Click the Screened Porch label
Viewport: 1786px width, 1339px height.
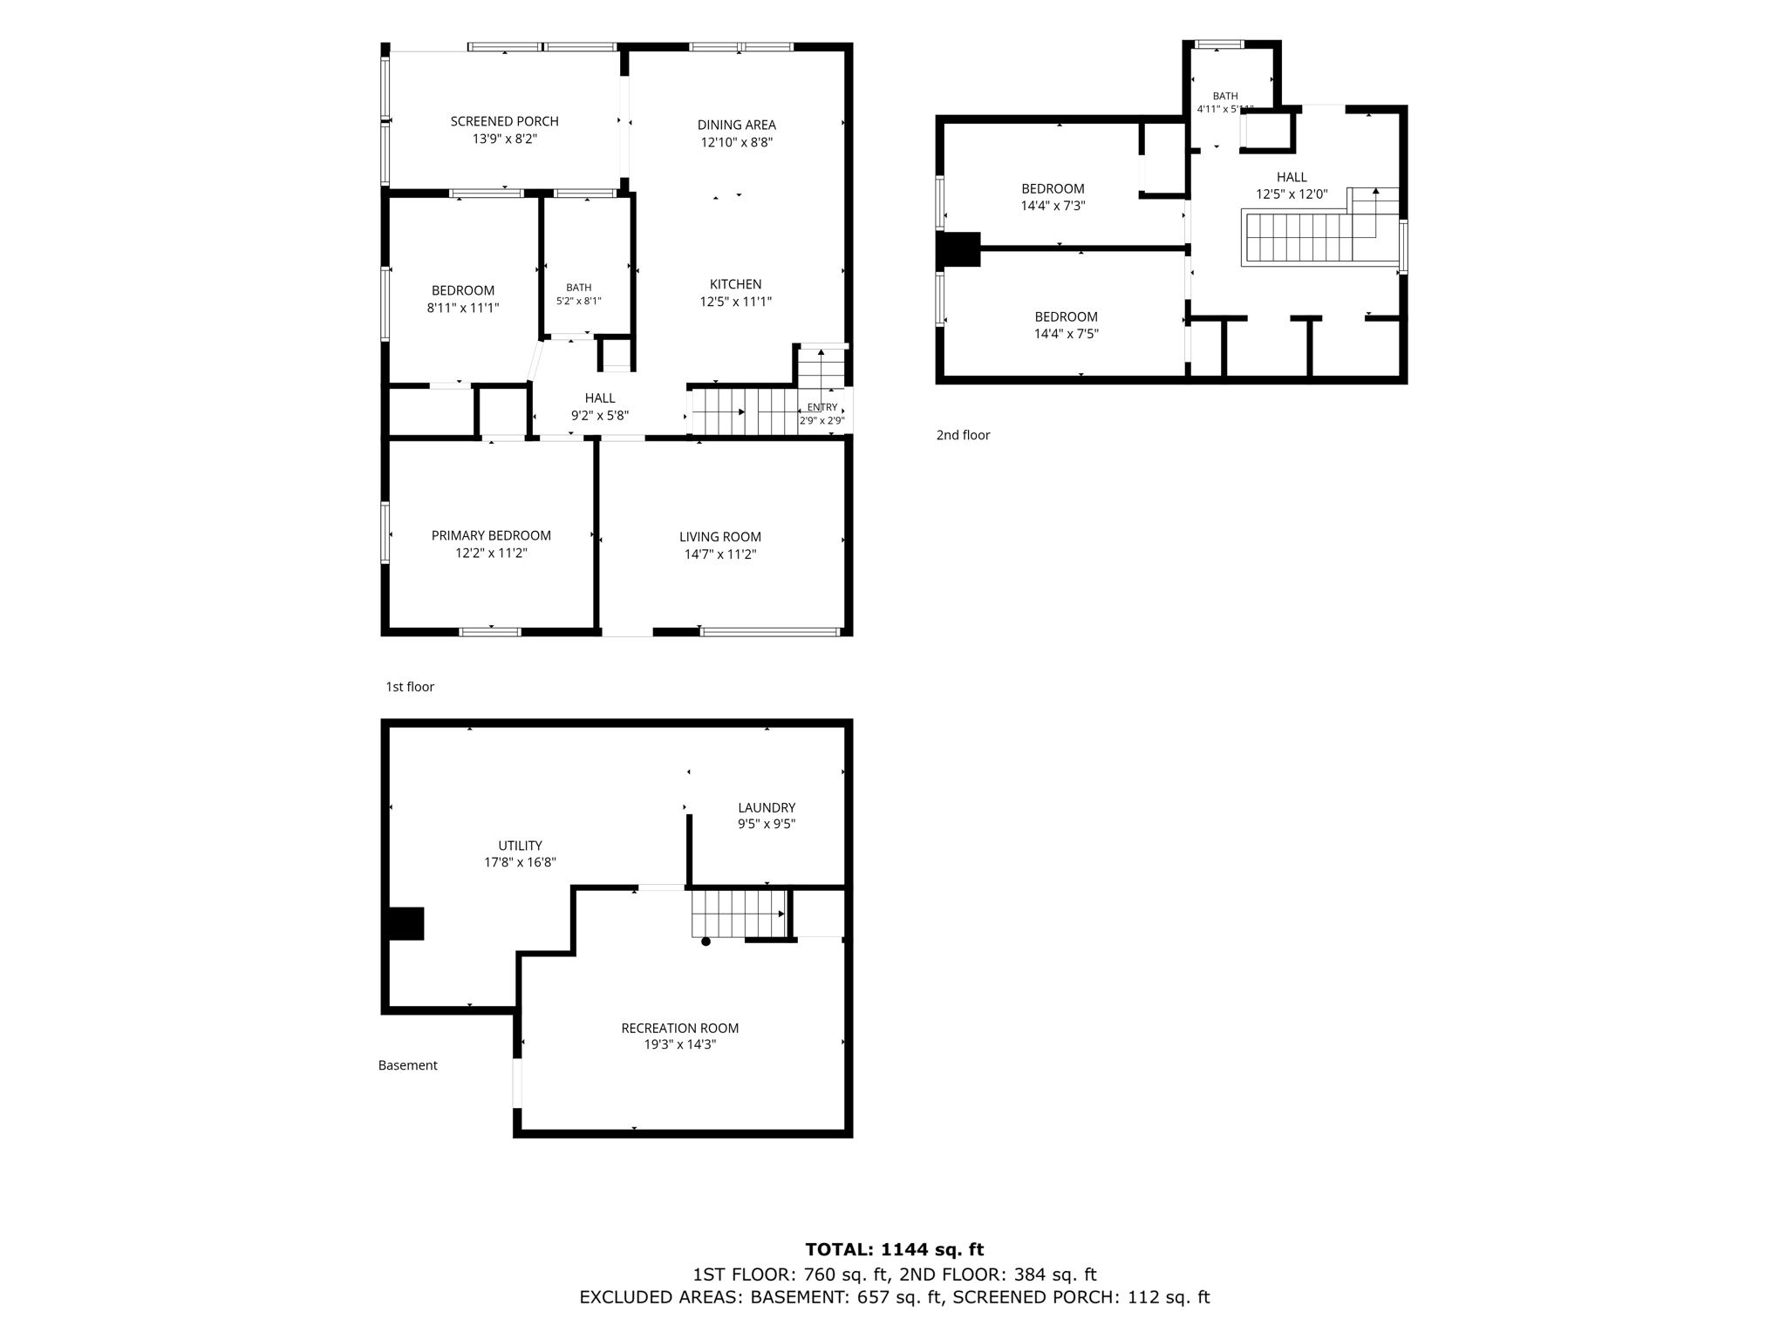(504, 121)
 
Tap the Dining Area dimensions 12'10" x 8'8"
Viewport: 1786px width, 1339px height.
(737, 142)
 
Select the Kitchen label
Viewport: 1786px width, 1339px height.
(735, 284)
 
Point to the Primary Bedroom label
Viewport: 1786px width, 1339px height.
(491, 535)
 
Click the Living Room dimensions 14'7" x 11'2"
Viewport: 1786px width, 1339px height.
(720, 554)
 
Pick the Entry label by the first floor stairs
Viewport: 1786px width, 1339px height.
(822, 407)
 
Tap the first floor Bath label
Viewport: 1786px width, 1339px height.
(578, 288)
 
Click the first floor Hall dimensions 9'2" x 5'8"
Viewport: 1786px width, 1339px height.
(600, 416)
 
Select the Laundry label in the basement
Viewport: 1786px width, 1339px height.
(767, 807)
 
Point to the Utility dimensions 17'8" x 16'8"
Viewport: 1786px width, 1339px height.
(521, 862)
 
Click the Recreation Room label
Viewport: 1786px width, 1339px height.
(680, 1028)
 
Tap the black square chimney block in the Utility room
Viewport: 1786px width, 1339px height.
(406, 923)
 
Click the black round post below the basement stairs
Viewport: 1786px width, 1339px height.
(706, 941)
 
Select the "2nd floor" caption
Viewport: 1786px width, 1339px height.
(963, 435)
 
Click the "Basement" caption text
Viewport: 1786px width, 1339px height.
(408, 1065)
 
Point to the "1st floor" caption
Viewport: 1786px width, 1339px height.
(410, 687)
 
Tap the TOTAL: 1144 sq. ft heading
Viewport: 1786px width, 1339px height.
(895, 1250)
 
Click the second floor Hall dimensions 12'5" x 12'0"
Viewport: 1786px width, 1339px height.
(1292, 194)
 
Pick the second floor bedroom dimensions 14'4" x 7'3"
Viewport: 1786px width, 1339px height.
(1053, 206)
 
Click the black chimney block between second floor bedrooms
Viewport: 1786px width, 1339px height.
(958, 249)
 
